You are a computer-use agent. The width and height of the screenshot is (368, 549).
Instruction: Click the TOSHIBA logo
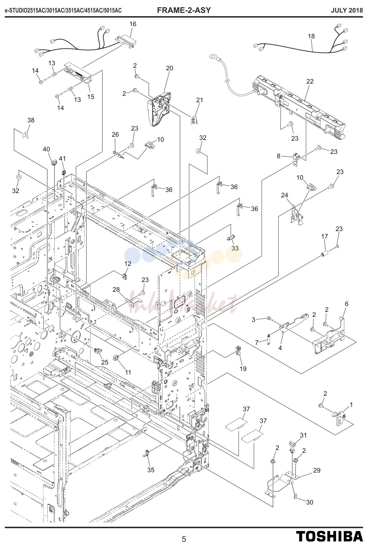[330, 536]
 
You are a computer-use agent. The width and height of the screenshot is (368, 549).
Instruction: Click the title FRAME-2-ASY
[184, 10]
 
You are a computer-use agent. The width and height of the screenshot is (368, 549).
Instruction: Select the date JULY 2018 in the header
[347, 10]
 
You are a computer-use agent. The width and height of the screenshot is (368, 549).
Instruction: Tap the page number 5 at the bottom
[184, 539]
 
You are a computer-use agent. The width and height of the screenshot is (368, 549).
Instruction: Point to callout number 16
[133, 24]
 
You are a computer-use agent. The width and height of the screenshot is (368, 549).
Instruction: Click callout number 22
[310, 81]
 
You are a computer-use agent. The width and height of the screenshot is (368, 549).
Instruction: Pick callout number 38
[31, 120]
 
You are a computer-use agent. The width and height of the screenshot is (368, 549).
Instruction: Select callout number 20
[170, 68]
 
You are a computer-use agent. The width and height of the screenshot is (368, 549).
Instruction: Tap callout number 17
[325, 236]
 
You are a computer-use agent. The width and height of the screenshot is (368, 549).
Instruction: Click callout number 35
[151, 470]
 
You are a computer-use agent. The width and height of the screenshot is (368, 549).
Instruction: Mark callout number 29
[317, 470]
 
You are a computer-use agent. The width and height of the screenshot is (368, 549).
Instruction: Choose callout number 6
[347, 304]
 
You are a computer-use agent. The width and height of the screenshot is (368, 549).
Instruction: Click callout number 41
[62, 159]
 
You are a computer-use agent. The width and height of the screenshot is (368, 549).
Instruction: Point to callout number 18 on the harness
[311, 36]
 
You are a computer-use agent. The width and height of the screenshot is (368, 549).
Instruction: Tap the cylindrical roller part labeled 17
[325, 253]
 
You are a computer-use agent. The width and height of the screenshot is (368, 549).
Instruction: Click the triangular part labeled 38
[26, 135]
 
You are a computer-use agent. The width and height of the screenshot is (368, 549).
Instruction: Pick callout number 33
[235, 248]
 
